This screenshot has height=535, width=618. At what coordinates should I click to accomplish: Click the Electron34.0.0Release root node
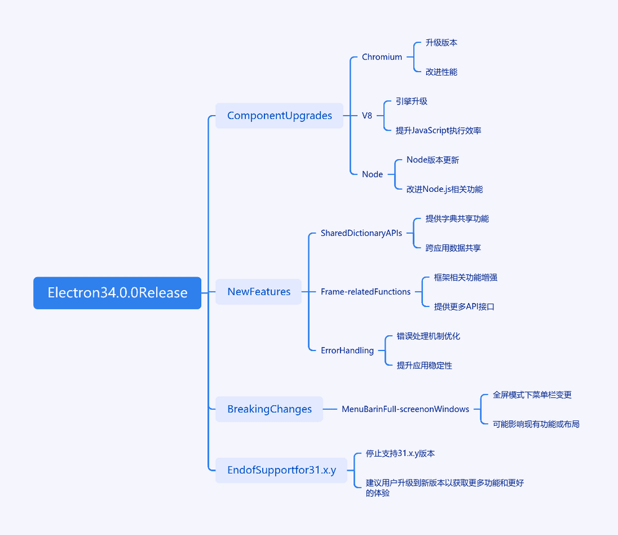117,293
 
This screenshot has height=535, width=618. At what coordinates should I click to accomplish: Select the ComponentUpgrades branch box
279,116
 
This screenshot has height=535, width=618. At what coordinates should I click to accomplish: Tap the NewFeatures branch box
259,292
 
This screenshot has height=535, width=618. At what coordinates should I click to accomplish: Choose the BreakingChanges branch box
269,409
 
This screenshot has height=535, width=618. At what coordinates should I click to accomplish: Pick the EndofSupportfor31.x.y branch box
282,470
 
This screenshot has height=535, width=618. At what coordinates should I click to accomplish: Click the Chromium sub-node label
382,57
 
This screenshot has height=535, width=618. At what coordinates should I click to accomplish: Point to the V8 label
367,116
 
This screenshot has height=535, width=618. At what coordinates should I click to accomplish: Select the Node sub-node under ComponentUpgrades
373,174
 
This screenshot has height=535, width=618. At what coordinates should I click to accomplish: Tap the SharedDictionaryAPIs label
362,233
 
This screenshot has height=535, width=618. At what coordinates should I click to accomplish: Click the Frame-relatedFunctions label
366,292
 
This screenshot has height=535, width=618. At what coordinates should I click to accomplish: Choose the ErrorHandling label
347,351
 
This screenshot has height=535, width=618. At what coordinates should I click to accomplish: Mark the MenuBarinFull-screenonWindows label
405,409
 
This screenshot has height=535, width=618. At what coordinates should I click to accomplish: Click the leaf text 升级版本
441,42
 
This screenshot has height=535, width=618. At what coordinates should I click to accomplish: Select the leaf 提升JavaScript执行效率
438,131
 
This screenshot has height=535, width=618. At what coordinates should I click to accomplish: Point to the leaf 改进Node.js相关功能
445,190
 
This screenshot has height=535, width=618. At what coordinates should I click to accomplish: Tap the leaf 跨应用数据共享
453,248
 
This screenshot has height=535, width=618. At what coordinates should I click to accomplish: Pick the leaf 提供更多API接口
464,306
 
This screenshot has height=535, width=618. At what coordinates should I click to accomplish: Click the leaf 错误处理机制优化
428,336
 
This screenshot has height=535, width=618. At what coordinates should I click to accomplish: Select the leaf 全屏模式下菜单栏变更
532,395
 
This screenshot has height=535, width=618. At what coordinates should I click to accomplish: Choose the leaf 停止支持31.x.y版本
400,454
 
